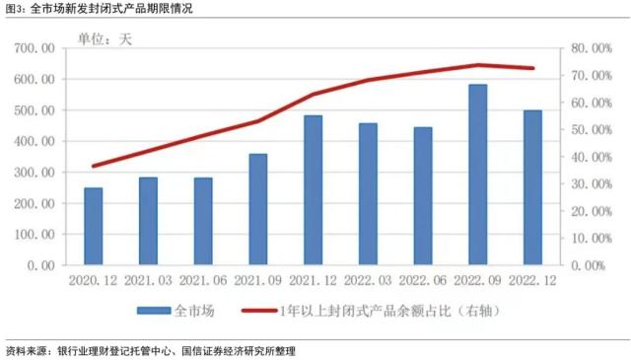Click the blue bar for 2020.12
pyautogui.click(x=93, y=226)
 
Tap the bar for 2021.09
pyautogui.click(x=257, y=209)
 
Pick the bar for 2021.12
pyautogui.click(x=313, y=190)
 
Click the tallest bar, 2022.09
pyautogui.click(x=477, y=175)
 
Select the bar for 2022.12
pyautogui.click(x=532, y=187)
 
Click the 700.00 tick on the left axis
pyautogui.click(x=35, y=48)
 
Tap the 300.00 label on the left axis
pyautogui.click(x=35, y=173)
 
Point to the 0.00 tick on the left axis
pyautogui.click(x=40, y=265)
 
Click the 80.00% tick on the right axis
pyautogui.click(x=590, y=48)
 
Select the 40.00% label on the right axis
pyautogui.click(x=590, y=157)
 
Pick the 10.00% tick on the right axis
pyautogui.click(x=590, y=239)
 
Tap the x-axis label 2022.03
pyautogui.click(x=367, y=281)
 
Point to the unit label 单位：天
pyautogui.click(x=105, y=40)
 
